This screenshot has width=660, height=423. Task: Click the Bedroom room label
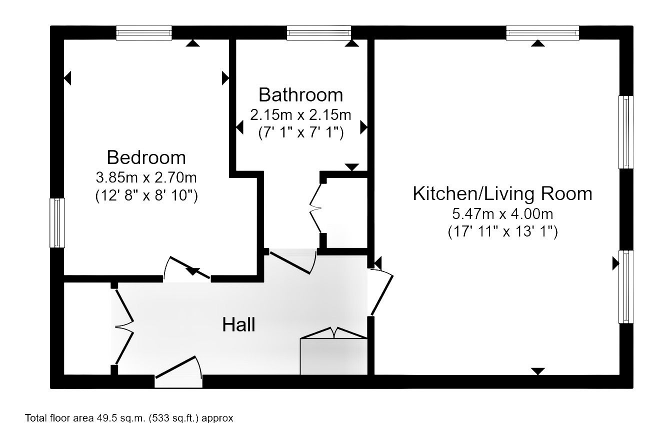coord(146,157)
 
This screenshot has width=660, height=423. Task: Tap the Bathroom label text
coord(301,95)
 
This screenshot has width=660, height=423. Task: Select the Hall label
coord(238,324)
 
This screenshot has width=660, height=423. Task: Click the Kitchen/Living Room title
coord(502,193)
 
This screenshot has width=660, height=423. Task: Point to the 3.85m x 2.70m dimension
coord(146,177)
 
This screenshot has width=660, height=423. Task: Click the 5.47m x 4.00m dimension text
coord(502,213)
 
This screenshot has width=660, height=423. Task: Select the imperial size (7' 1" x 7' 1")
coord(301,132)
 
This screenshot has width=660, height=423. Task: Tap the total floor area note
coord(129,417)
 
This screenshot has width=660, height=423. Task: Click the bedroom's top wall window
coord(144,33)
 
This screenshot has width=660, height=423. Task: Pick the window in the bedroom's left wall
coord(57,223)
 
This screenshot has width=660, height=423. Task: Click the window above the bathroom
coord(319,33)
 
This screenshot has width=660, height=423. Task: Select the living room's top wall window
coord(542,33)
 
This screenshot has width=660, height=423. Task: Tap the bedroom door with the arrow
coord(187,268)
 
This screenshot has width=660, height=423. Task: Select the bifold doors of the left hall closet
coord(124,326)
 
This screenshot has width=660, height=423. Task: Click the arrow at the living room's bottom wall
coord(538,371)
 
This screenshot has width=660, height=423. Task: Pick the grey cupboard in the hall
coord(334,356)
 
